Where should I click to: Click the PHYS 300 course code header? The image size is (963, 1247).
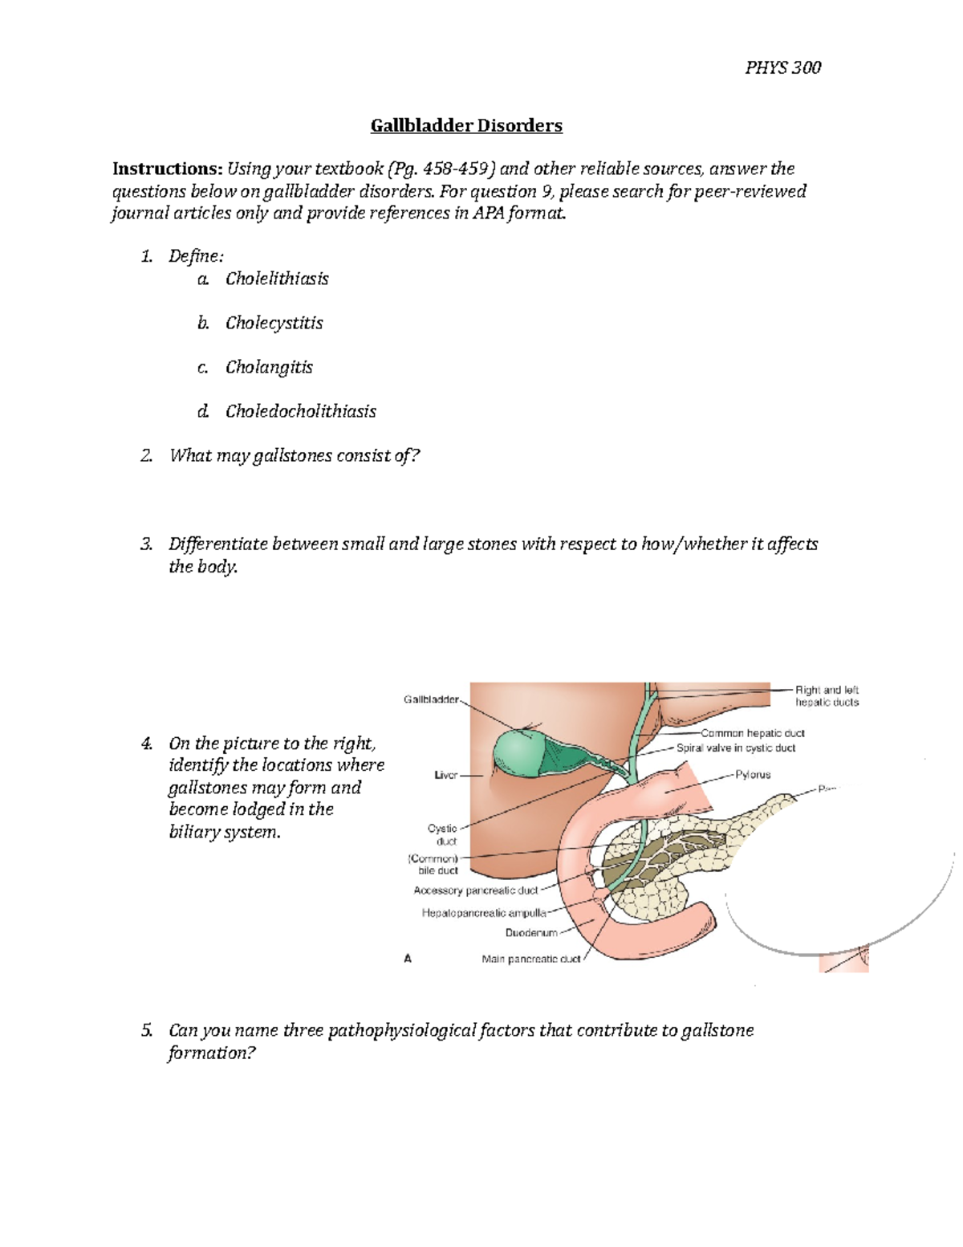[782, 67]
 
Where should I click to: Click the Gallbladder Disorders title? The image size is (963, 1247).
[466, 125]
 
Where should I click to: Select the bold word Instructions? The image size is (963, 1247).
[167, 169]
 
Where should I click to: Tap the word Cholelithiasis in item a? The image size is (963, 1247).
[277, 279]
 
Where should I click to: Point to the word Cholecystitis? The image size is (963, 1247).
[274, 323]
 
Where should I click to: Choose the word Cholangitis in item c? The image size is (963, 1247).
[269, 367]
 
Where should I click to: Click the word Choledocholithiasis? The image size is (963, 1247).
[300, 411]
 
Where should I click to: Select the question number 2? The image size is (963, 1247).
[146, 456]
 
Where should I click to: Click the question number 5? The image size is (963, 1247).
[146, 1030]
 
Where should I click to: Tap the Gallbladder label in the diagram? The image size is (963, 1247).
[431, 699]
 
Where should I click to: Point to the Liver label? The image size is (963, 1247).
[445, 776]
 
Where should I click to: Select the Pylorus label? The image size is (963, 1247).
[753, 775]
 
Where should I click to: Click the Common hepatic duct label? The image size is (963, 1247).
[752, 733]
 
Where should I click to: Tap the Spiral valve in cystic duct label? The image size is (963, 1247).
[736, 748]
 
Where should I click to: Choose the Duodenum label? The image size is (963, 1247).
[530, 933]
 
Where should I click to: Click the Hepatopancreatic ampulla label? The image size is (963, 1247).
[483, 913]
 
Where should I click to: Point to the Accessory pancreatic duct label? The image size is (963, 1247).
[475, 890]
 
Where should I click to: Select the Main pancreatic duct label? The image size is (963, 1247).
[530, 959]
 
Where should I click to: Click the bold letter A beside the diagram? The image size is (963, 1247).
[408, 958]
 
